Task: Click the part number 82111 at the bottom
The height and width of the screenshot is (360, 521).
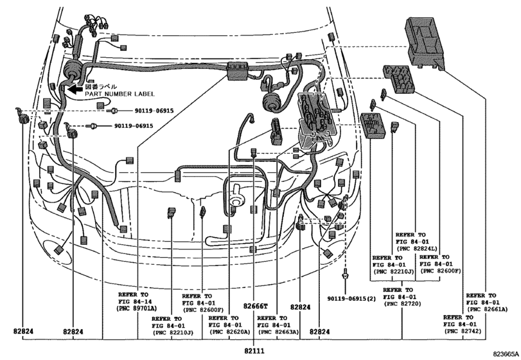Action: [254, 351]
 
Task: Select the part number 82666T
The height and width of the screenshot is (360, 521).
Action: [255, 306]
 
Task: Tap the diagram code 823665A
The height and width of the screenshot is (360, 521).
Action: [506, 354]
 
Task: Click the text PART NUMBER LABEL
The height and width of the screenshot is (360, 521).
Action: [119, 94]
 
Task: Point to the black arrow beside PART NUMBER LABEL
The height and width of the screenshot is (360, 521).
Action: [75, 89]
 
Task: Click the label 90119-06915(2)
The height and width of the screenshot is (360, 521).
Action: [351, 298]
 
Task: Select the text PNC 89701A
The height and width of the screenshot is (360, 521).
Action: [137, 308]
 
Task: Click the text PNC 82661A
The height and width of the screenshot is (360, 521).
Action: [487, 309]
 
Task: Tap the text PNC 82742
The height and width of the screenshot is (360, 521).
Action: [463, 331]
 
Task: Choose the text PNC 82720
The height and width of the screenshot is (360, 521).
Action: [402, 304]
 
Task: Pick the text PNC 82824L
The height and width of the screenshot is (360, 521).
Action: [417, 249]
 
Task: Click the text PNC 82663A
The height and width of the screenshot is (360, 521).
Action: [278, 332]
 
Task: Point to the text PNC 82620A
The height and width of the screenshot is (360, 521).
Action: [229, 332]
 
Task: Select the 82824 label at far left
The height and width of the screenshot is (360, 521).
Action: [23, 332]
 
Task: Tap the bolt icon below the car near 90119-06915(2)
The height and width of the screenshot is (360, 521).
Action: [346, 273]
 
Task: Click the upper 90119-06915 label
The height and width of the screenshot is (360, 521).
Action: [154, 111]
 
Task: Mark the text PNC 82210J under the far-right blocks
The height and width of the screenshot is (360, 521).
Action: [393, 271]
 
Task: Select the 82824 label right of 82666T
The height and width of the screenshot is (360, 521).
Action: [301, 307]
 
